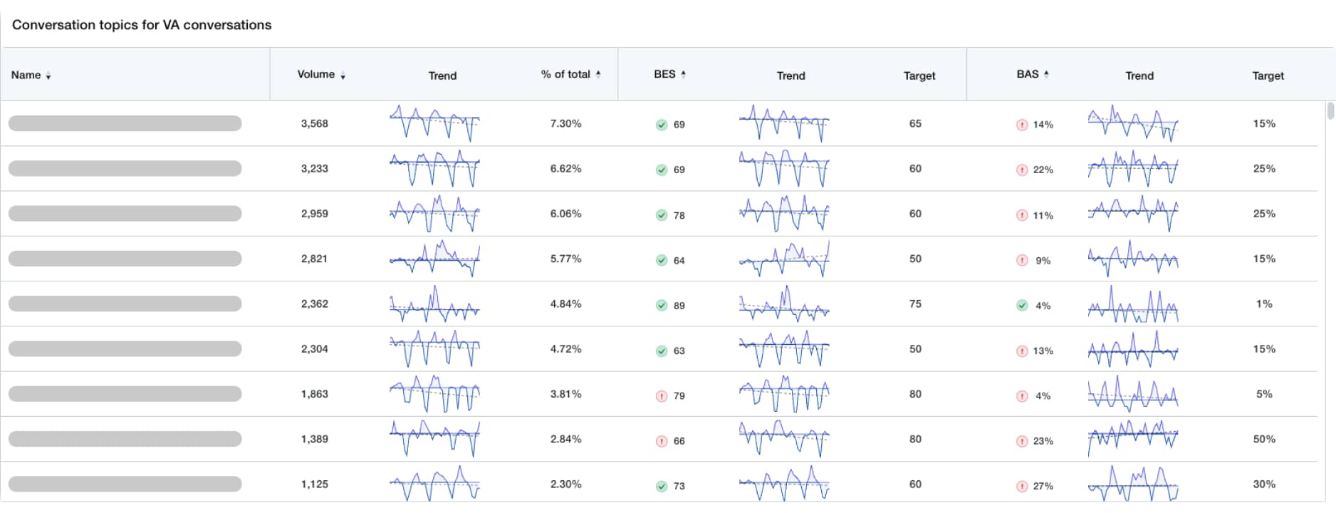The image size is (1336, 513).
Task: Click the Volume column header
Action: [x=315, y=75]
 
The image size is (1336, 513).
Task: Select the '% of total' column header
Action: [x=565, y=74]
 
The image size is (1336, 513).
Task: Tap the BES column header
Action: [x=664, y=74]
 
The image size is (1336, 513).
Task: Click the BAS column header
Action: [x=1027, y=74]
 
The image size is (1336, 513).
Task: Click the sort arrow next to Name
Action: [x=48, y=76]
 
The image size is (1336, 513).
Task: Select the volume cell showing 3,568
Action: [x=314, y=123]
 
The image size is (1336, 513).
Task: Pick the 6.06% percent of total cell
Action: [x=565, y=214]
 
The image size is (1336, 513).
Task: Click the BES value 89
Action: [x=679, y=306]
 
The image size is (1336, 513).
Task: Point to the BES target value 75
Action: [x=915, y=304]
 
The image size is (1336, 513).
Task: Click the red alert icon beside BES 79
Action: [x=662, y=396]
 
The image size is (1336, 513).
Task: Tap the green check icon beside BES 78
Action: [x=662, y=215]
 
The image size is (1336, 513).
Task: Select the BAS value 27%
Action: [x=1043, y=486]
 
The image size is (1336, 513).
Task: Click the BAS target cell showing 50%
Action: [x=1264, y=439]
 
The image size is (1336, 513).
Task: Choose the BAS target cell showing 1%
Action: [x=1264, y=304]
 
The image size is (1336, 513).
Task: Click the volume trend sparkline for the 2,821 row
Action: [x=434, y=259]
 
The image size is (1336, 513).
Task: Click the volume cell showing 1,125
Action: [x=314, y=484]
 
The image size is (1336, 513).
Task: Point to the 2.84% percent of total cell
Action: [x=565, y=439]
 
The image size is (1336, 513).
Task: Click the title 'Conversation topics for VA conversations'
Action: [x=142, y=25]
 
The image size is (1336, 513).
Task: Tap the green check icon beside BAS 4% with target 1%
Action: [x=1022, y=306]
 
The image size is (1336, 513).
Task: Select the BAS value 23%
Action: [x=1043, y=441]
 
